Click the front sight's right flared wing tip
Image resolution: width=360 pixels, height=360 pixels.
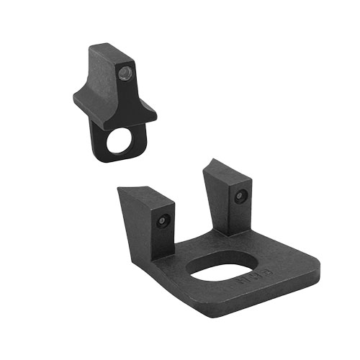click(x=153, y=114)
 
